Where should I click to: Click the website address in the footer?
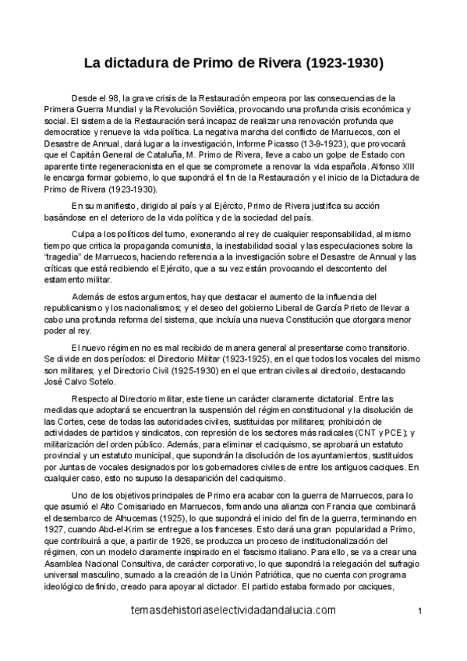235,633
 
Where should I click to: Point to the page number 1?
419,632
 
